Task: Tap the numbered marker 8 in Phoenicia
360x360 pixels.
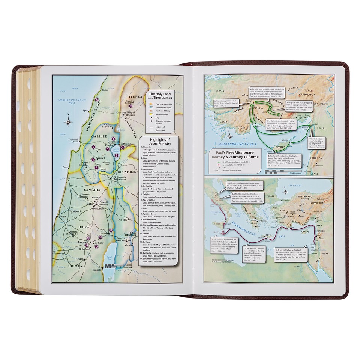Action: click(97, 100)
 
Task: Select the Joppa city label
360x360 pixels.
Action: click(62, 216)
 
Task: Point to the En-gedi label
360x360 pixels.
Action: click(97, 270)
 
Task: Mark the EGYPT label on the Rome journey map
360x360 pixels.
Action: click(299, 265)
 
